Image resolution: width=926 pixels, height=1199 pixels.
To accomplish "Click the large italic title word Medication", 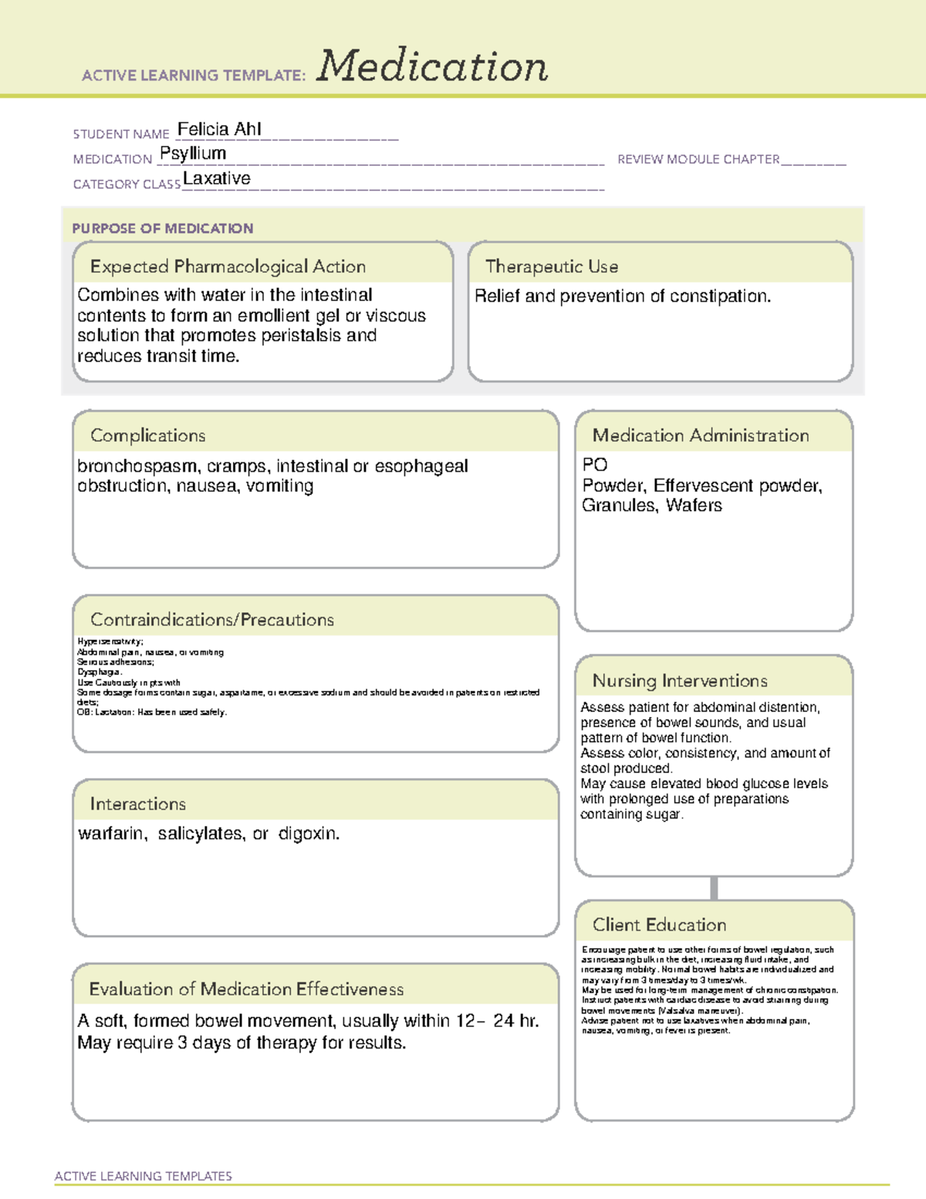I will pyautogui.click(x=432, y=66).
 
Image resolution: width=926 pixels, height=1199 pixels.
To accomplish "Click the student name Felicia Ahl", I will pyautogui.click(x=219, y=129).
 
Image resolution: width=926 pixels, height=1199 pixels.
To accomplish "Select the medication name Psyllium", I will pyautogui.click(x=193, y=154).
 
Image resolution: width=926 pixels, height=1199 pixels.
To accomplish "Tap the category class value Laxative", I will pyautogui.click(x=217, y=178).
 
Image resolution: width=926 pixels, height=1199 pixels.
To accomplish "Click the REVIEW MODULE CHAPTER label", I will pyautogui.click(x=698, y=159).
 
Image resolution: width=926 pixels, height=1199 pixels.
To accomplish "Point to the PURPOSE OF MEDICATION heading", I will pyautogui.click(x=162, y=229).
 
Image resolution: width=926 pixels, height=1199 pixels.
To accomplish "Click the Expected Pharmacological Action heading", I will pyautogui.click(x=228, y=266).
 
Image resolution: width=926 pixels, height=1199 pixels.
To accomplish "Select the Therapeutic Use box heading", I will pyautogui.click(x=551, y=266).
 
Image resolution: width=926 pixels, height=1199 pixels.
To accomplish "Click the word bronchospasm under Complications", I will pyautogui.click(x=137, y=466).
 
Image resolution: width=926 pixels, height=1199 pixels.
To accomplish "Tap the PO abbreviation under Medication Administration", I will pyautogui.click(x=594, y=465).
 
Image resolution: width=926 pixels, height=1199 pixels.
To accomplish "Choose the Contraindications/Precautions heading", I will pyautogui.click(x=212, y=620).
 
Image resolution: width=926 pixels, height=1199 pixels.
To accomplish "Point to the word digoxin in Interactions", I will pyautogui.click(x=308, y=834).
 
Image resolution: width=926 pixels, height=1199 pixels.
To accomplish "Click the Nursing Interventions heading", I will pyautogui.click(x=680, y=681).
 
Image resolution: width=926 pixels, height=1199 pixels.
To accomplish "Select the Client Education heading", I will pyautogui.click(x=659, y=925).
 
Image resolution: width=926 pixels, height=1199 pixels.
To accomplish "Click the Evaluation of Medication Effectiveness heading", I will pyautogui.click(x=246, y=989).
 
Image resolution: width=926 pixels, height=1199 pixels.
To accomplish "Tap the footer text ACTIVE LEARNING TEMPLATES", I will pyautogui.click(x=144, y=1176).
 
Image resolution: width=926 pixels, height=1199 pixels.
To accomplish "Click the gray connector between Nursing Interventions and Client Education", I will pyautogui.click(x=714, y=888).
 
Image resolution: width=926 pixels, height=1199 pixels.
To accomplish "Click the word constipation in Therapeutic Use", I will pyautogui.click(x=719, y=296).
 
